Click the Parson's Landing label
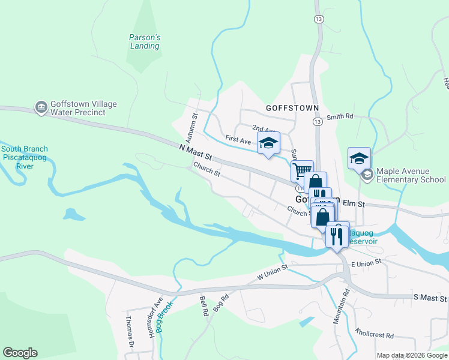[x=145, y=41]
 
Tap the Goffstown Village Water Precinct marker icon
[x=41, y=108]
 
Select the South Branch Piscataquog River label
[x=24, y=158]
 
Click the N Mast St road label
[x=196, y=152]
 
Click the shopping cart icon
[x=302, y=170]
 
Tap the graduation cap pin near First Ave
[x=269, y=143]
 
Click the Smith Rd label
[x=340, y=118]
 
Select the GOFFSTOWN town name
[x=292, y=108]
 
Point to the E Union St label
[x=366, y=264]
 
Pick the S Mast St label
[x=430, y=298]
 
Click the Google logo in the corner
[x=20, y=353]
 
